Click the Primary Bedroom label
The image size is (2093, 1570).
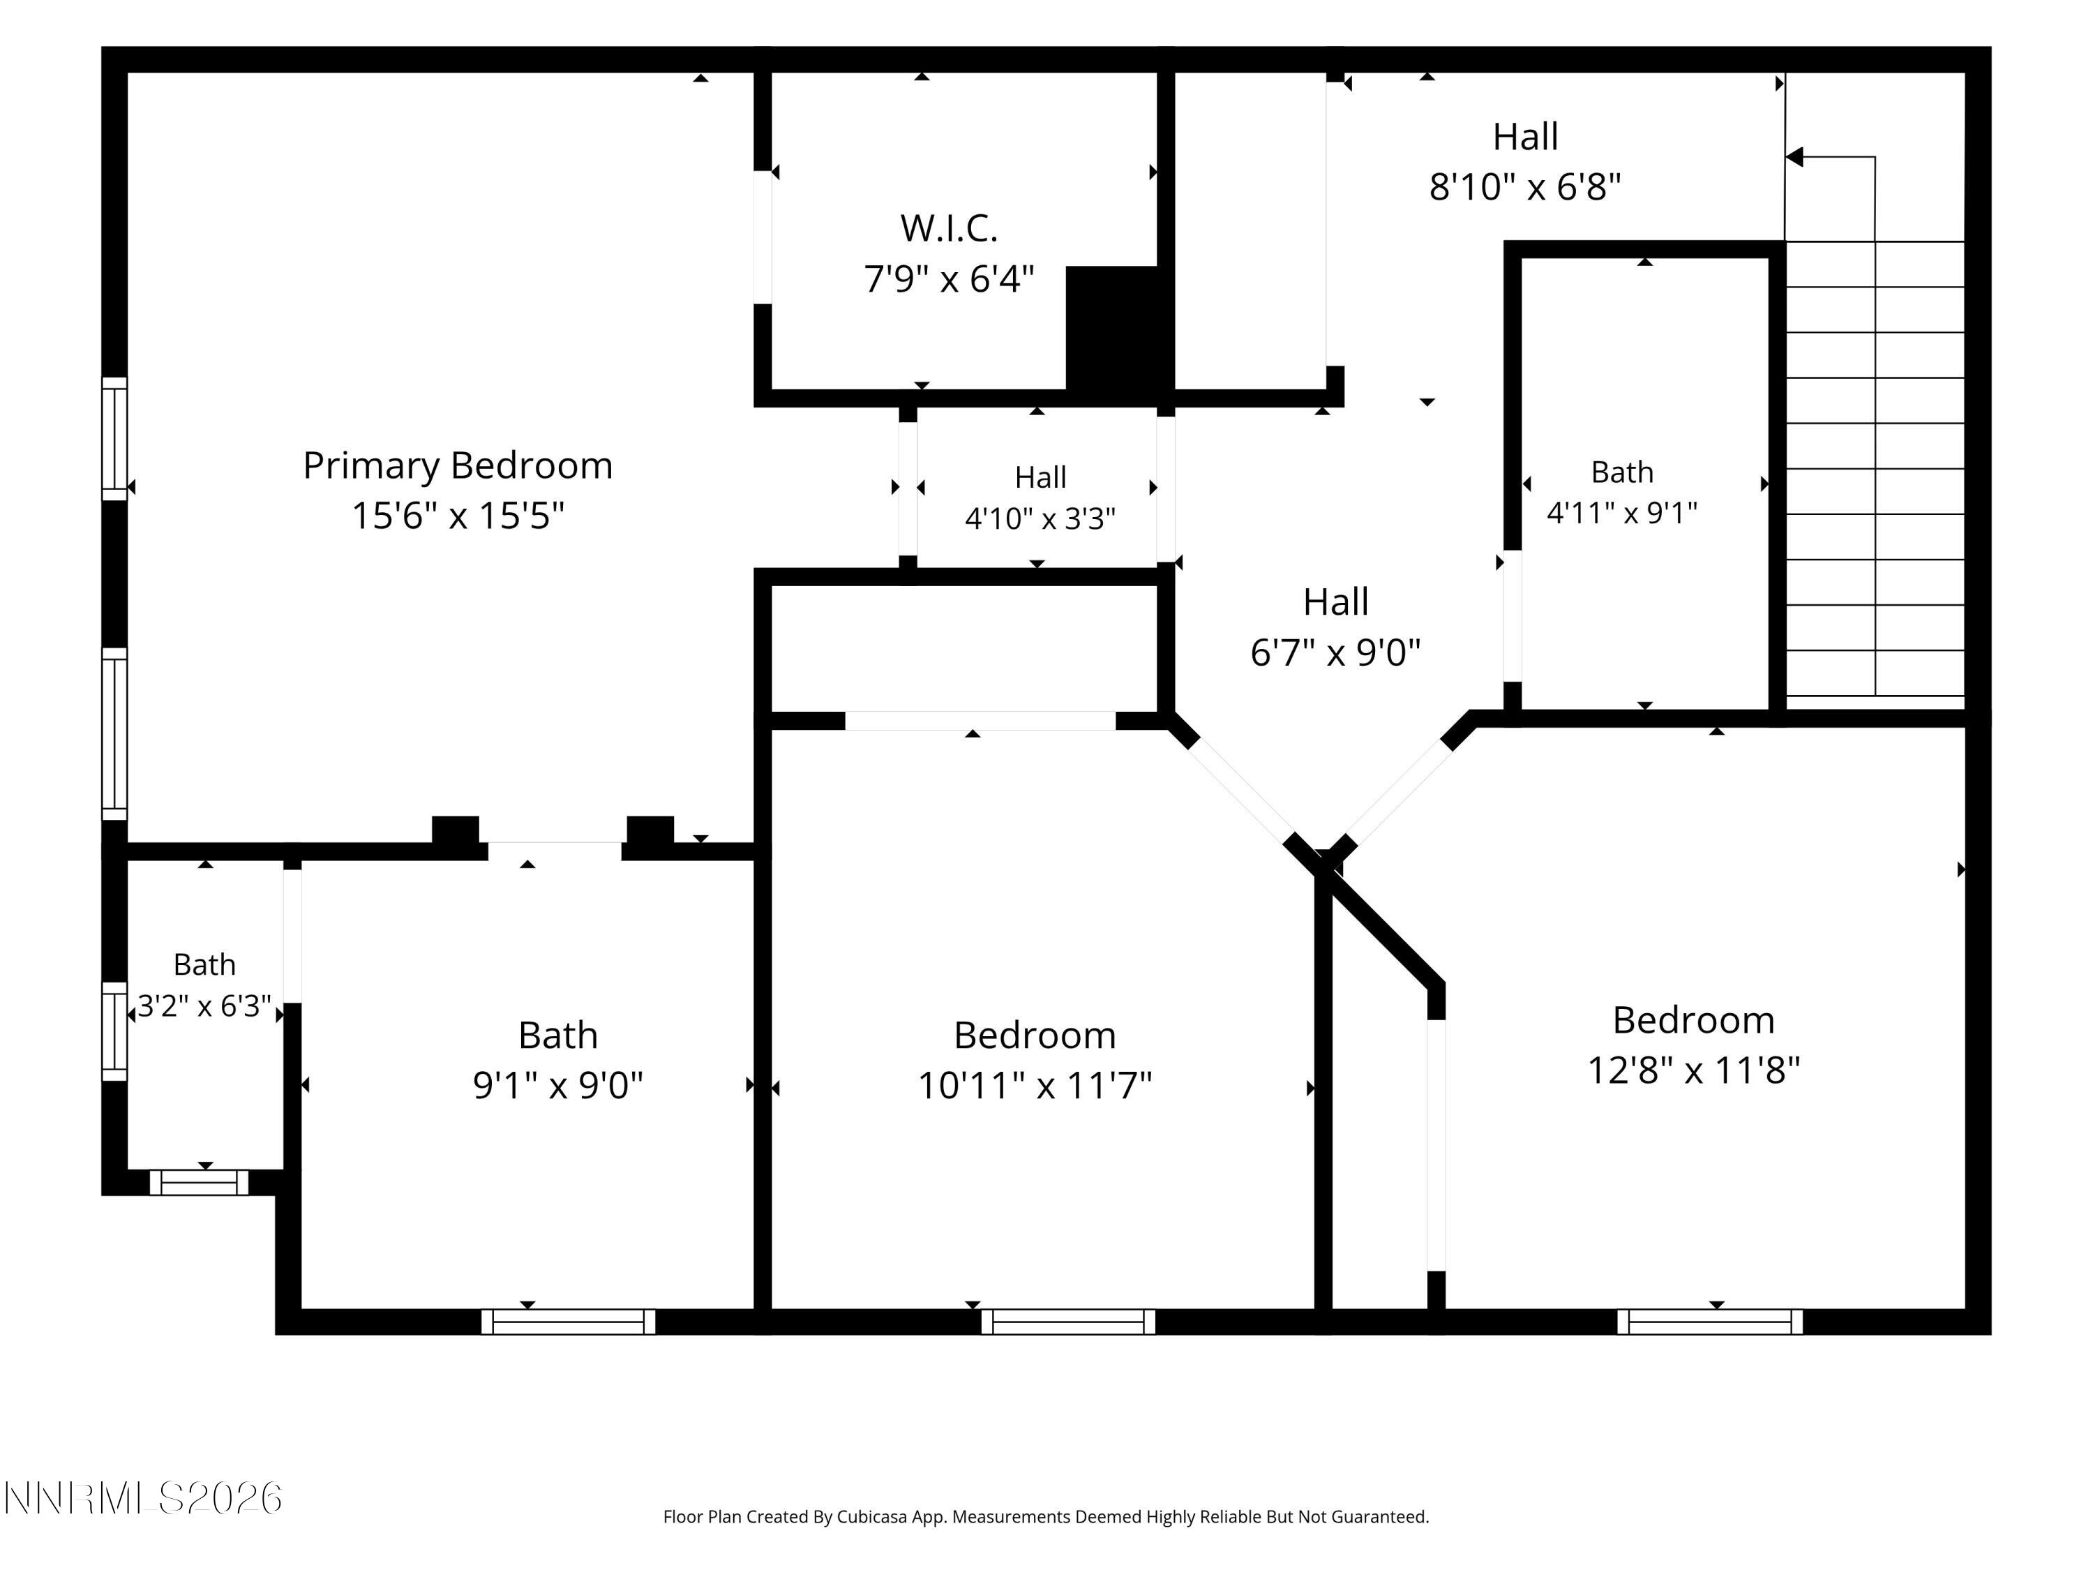(x=458, y=465)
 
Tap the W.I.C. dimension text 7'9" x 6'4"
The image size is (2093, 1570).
(x=949, y=279)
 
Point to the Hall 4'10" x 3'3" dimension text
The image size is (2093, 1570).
(x=1040, y=518)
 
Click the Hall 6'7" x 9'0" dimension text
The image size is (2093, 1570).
(x=1336, y=652)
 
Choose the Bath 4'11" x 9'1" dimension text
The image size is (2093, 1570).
(x=1622, y=513)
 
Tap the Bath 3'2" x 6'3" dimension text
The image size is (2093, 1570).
(x=204, y=1005)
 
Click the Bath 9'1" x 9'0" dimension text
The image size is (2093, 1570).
(x=558, y=1084)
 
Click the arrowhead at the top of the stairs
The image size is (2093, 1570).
(x=1794, y=157)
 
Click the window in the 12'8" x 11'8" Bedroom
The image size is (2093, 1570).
(x=1710, y=1322)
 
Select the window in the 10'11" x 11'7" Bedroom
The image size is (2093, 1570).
(x=1068, y=1322)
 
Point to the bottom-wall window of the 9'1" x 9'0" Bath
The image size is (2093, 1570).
(x=569, y=1322)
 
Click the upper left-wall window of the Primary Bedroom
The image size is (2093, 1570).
(x=114, y=439)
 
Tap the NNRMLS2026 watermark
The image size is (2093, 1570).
(x=143, y=1498)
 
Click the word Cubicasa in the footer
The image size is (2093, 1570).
(x=871, y=1517)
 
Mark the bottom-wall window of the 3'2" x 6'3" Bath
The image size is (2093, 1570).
(x=199, y=1183)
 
